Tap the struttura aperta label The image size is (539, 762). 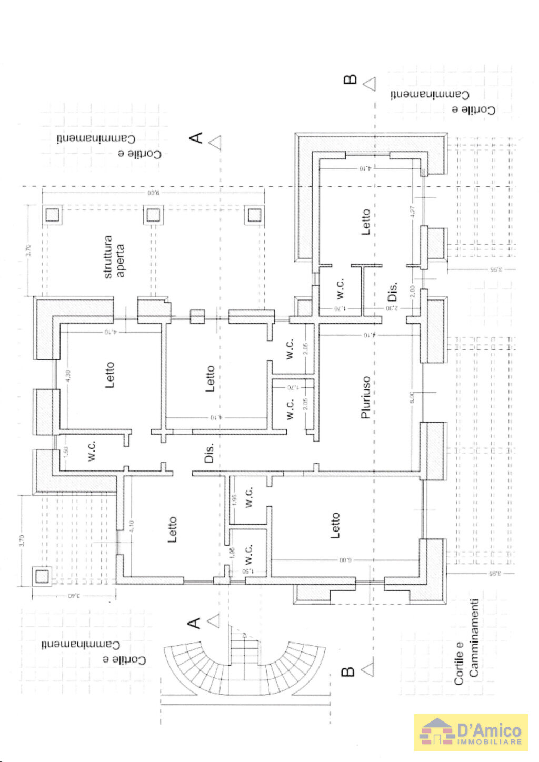[x=114, y=257]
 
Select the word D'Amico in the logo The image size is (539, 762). [x=489, y=730]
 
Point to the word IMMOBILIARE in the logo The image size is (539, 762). [x=489, y=742]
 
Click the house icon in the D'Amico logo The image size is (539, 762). [x=436, y=732]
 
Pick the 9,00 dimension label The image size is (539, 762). [x=153, y=193]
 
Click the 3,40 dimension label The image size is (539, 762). [x=74, y=596]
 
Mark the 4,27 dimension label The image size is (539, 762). [x=413, y=212]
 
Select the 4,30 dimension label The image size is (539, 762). [x=67, y=376]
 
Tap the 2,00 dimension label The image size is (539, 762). [x=412, y=291]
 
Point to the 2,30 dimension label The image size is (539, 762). [x=392, y=308]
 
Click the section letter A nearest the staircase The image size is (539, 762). [x=194, y=623]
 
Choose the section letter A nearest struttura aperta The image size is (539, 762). [x=196, y=138]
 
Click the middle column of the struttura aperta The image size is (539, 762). [x=153, y=215]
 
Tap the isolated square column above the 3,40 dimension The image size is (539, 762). [x=42, y=576]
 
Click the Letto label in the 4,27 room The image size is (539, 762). [x=366, y=222]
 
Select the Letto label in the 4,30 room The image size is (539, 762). [x=109, y=375]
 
